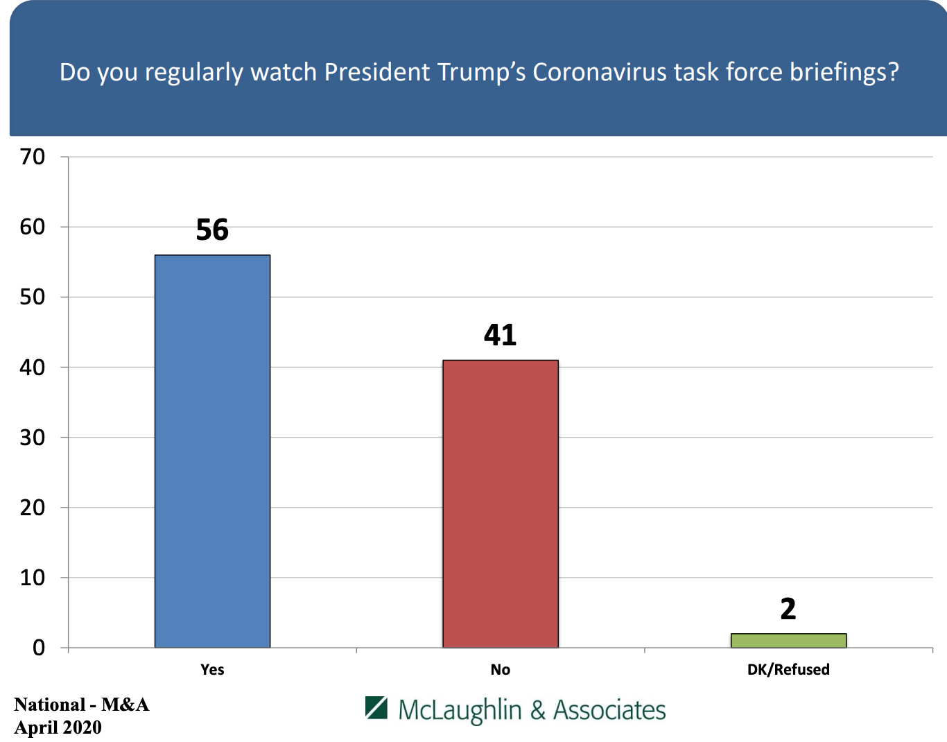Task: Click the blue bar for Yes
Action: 212,451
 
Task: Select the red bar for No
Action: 500,503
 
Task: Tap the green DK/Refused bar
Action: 788,640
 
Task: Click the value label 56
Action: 212,230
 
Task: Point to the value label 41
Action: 500,335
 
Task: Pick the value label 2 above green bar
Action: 788,609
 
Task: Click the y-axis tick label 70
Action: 33,157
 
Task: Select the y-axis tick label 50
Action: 33,297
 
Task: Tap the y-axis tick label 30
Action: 33,438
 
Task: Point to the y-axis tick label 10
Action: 33,578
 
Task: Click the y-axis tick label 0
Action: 39,648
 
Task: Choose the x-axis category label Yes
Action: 212,669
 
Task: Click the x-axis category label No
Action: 500,669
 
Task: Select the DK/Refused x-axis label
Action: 788,669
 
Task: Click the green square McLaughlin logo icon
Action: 376,707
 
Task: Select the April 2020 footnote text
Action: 58,727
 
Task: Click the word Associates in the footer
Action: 609,710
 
